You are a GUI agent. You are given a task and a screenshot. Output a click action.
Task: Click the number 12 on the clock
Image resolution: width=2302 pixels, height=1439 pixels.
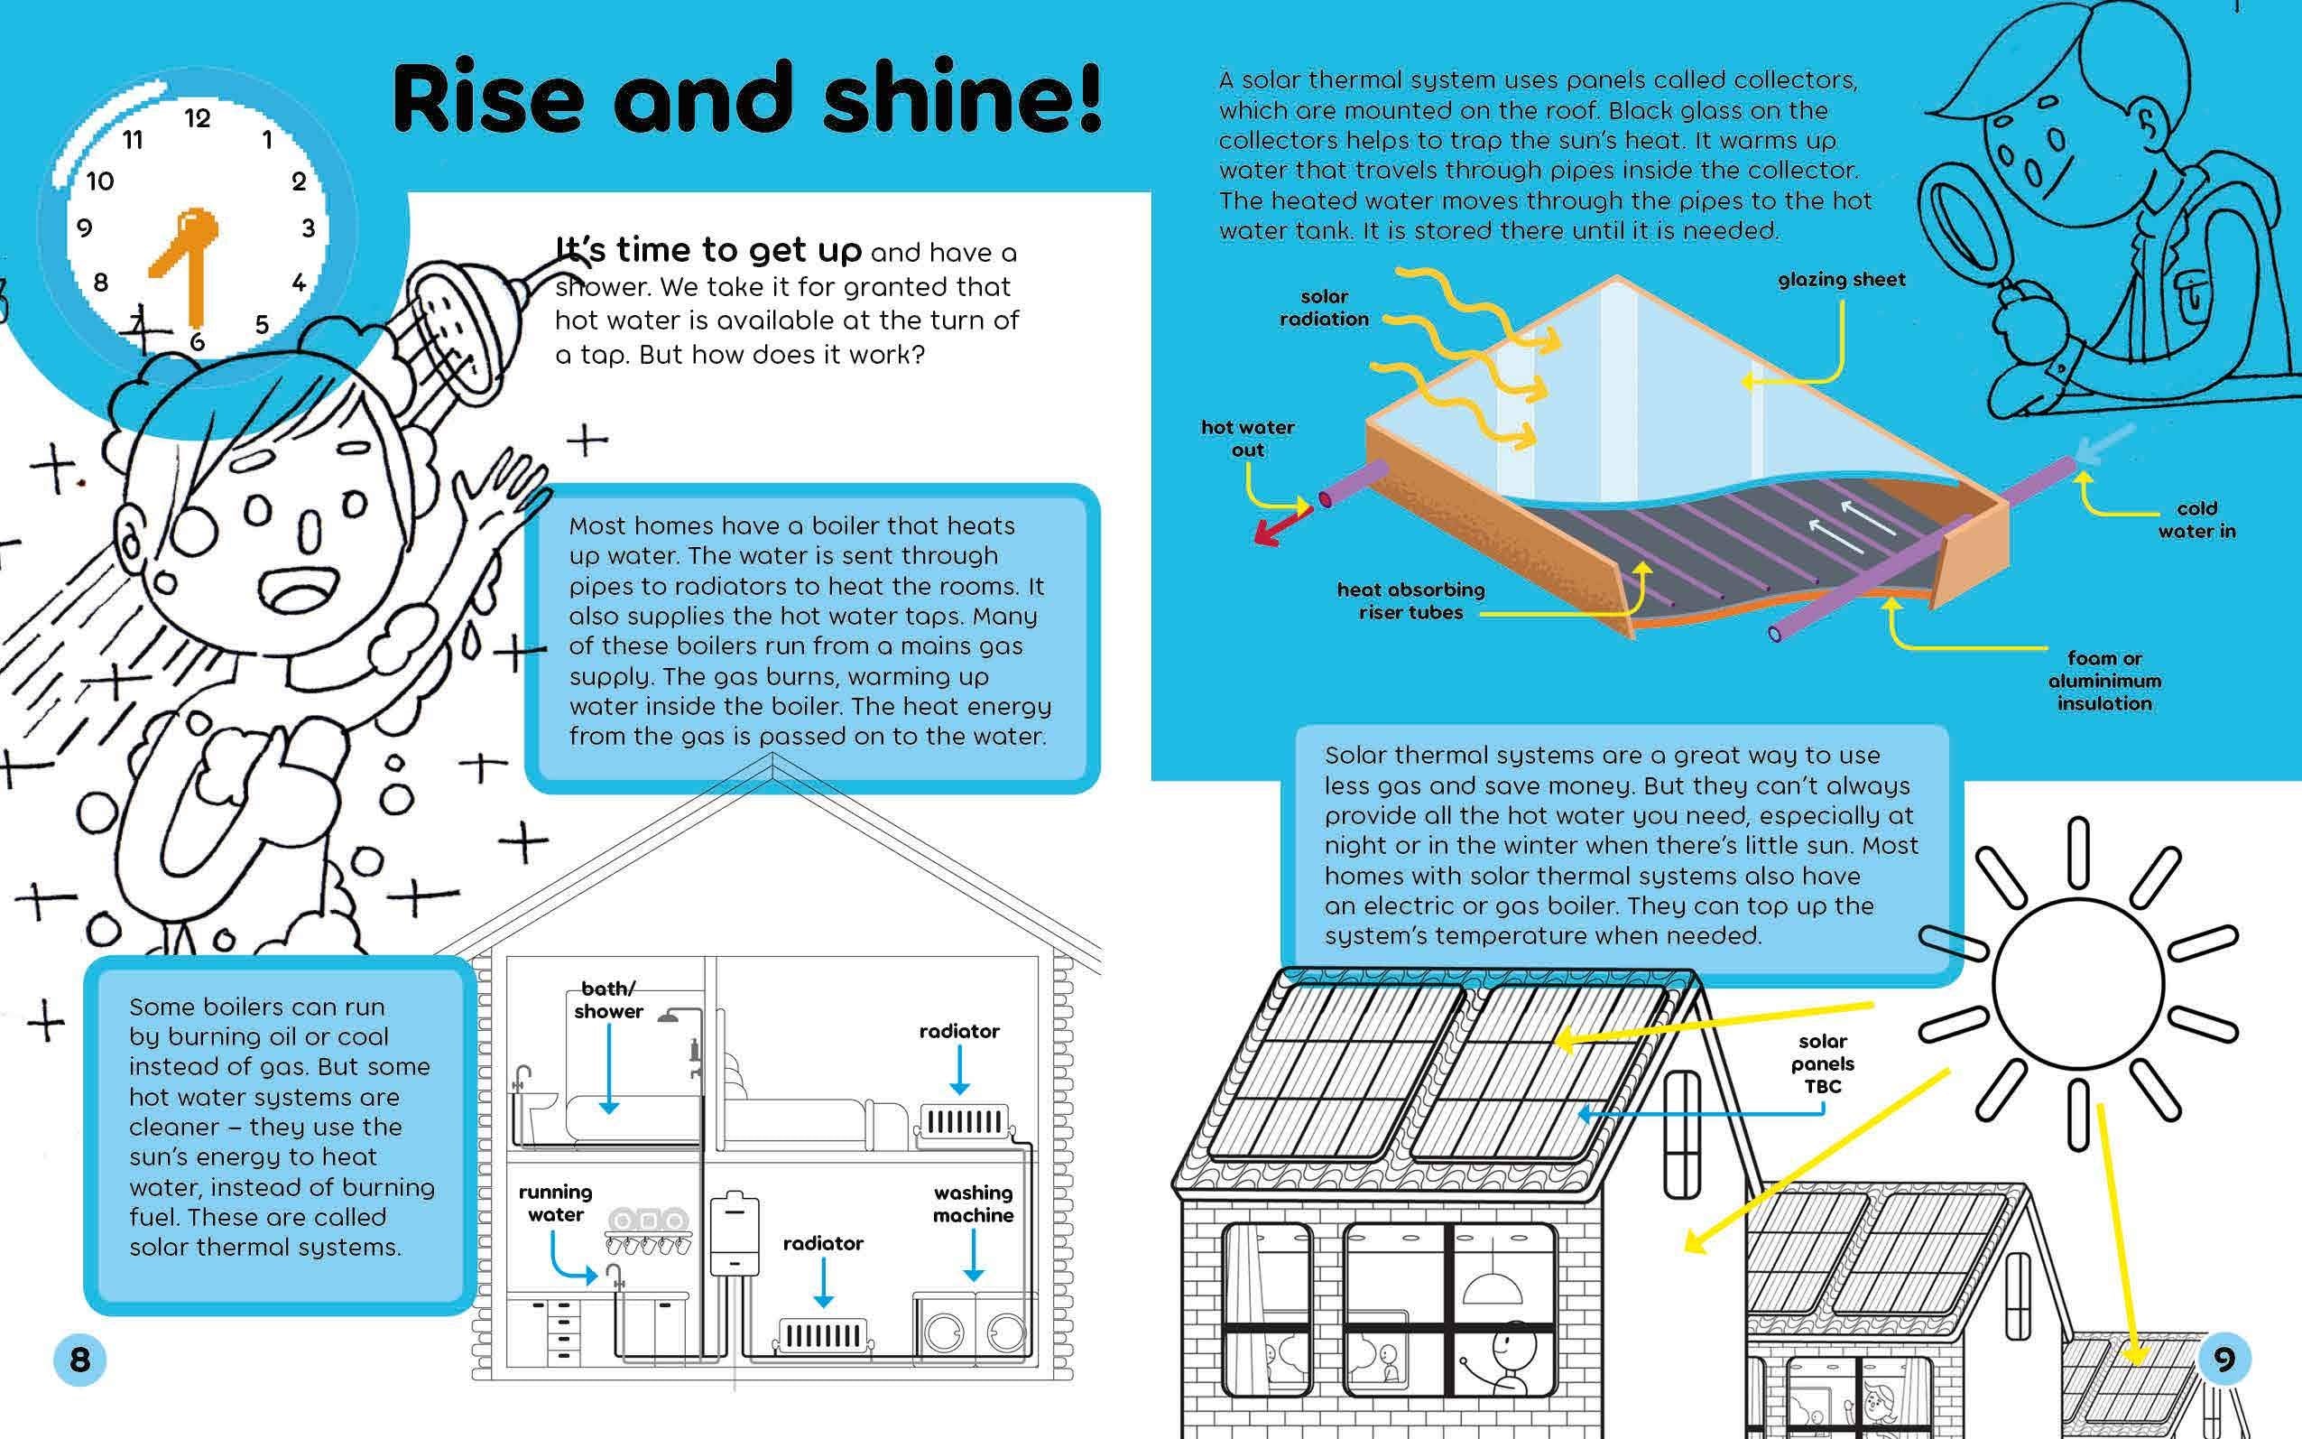point(197,119)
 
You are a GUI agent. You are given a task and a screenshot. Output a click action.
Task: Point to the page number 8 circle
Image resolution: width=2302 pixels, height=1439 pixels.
point(80,1359)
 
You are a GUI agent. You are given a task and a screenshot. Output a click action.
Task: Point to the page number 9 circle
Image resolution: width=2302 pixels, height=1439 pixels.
point(2224,1358)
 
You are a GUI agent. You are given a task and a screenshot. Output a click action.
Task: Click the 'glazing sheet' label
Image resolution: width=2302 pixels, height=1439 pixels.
point(1842,280)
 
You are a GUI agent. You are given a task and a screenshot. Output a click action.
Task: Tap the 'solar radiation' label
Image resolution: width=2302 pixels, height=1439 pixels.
point(1324,309)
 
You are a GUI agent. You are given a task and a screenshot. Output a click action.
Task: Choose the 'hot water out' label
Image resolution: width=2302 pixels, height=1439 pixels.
point(1247,439)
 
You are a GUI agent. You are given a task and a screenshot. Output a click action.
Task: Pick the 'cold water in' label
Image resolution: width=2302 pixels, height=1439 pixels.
point(2196,520)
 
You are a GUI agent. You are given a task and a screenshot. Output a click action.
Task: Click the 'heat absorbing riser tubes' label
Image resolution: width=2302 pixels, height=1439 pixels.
point(1410,601)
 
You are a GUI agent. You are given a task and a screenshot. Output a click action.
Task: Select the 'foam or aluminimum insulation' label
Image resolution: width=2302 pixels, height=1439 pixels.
point(2104,682)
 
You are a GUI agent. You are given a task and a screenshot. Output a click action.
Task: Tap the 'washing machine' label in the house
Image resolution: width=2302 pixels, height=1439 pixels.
point(973,1204)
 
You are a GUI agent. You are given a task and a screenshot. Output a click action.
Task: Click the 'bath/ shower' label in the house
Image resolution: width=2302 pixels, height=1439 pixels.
point(609,1000)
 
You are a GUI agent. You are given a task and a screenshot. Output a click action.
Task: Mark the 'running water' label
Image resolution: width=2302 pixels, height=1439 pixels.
point(556,1203)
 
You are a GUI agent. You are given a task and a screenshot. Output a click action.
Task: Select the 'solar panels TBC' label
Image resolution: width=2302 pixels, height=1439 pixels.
point(1823,1064)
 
